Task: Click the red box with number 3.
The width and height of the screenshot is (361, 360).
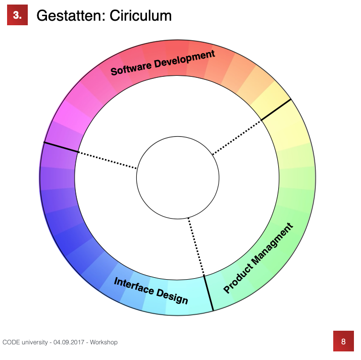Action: coord(17,15)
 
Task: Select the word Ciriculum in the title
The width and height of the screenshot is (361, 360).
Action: coord(140,16)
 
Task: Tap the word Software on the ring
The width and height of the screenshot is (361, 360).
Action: coord(131,68)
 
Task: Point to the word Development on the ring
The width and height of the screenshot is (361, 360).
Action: coord(185,60)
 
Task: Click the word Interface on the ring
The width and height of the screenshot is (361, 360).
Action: coord(134,285)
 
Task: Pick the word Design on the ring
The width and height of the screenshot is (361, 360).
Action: coord(172,297)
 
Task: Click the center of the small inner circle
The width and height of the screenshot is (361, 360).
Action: coord(178,178)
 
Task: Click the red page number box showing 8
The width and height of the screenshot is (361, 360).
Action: coord(343,341)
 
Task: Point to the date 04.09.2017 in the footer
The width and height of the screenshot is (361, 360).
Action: coord(69,342)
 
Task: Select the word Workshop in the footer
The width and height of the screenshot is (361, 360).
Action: coord(104,342)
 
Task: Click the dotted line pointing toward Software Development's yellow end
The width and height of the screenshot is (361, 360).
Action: coord(237,137)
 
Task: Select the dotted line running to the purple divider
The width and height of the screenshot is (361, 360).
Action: coord(107,160)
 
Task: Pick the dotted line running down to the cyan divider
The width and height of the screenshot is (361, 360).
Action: coord(196,246)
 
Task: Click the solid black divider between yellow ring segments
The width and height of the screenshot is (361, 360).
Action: coord(276,110)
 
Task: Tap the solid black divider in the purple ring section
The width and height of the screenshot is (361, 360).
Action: coord(61,147)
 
